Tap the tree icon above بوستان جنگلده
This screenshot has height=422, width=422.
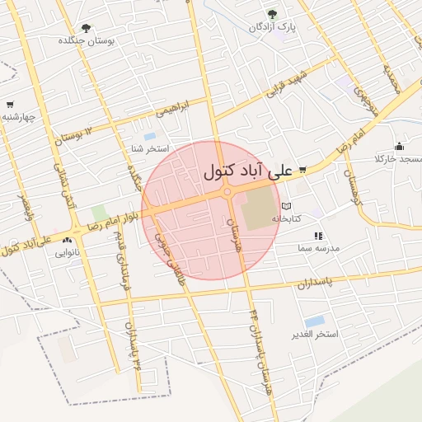87,28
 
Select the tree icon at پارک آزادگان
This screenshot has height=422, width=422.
273,14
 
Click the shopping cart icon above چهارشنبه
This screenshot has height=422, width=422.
9,105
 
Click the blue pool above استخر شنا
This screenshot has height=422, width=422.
149,136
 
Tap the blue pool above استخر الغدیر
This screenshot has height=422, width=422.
314,321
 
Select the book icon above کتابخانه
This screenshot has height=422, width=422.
286,206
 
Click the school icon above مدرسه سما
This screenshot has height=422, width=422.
318,236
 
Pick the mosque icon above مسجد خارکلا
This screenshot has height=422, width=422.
400,146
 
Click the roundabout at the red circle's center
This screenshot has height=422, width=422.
227,193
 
